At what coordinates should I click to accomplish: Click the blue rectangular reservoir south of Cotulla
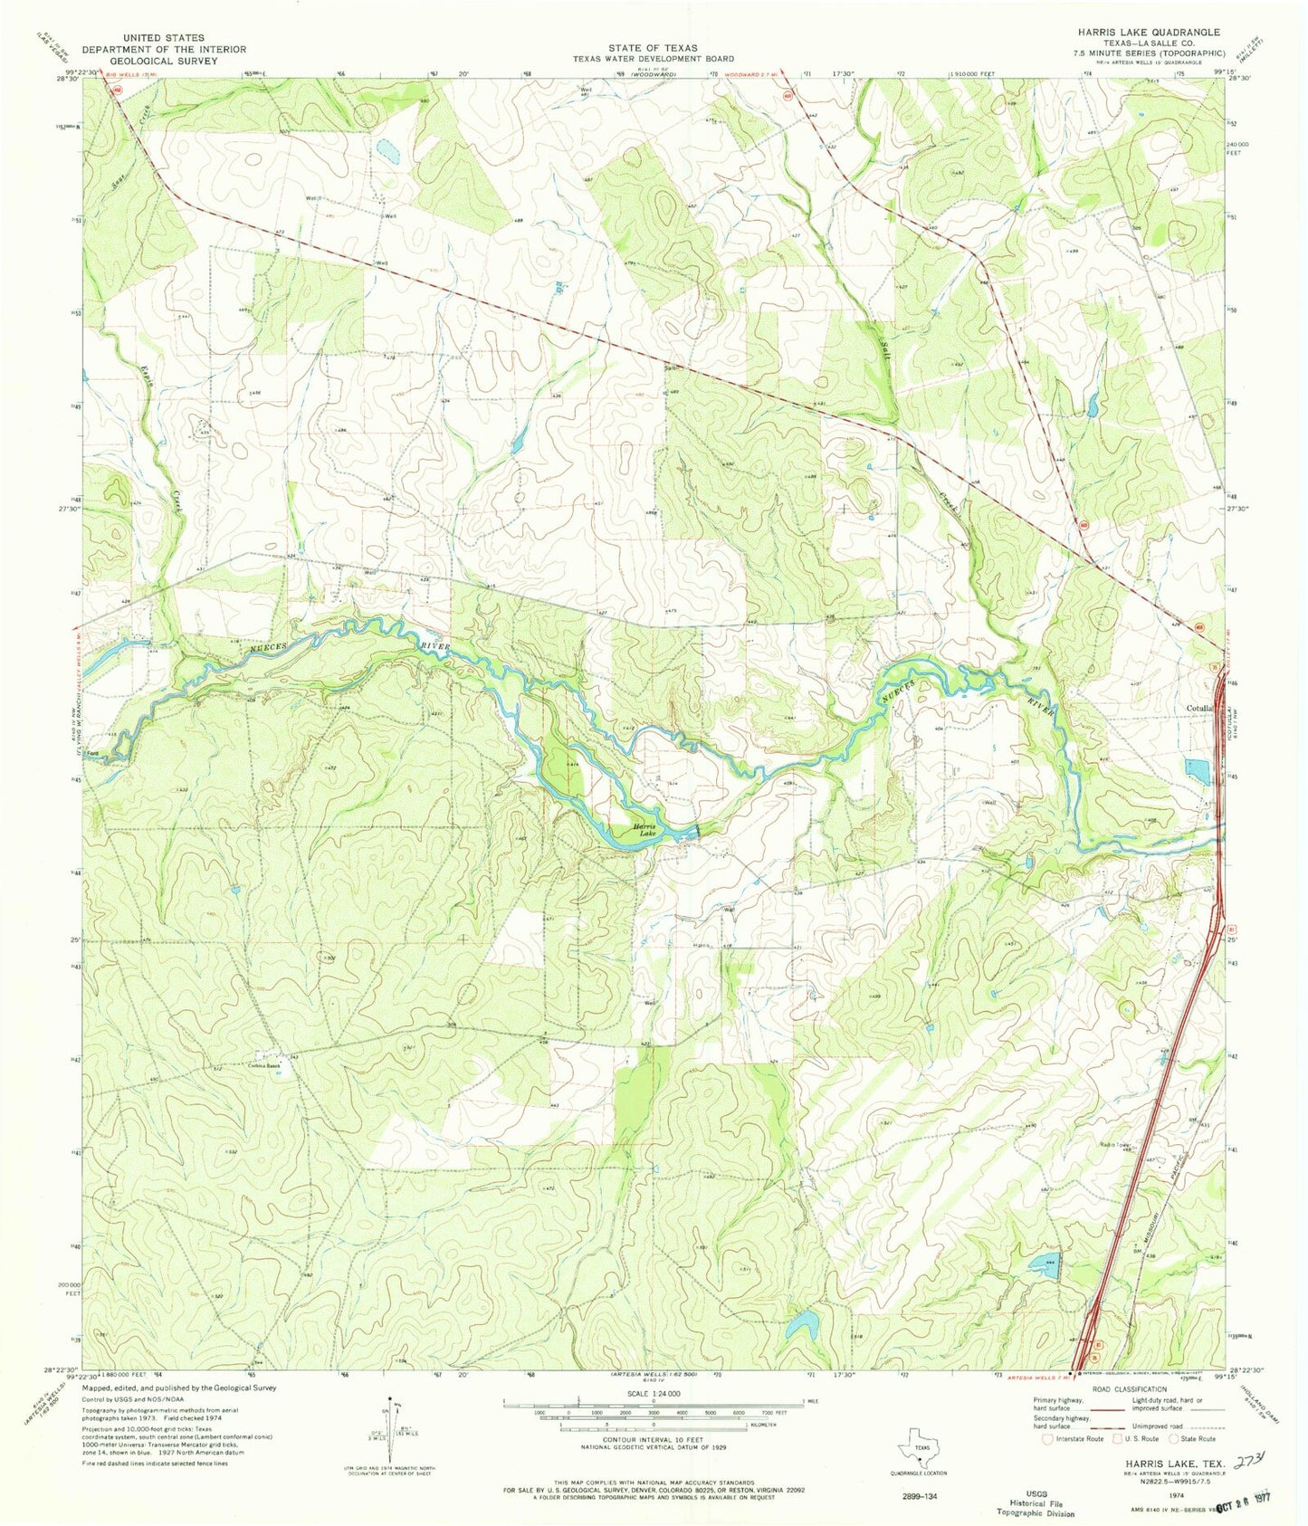(x=1197, y=771)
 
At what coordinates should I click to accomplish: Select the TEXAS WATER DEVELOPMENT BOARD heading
(x=653, y=57)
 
